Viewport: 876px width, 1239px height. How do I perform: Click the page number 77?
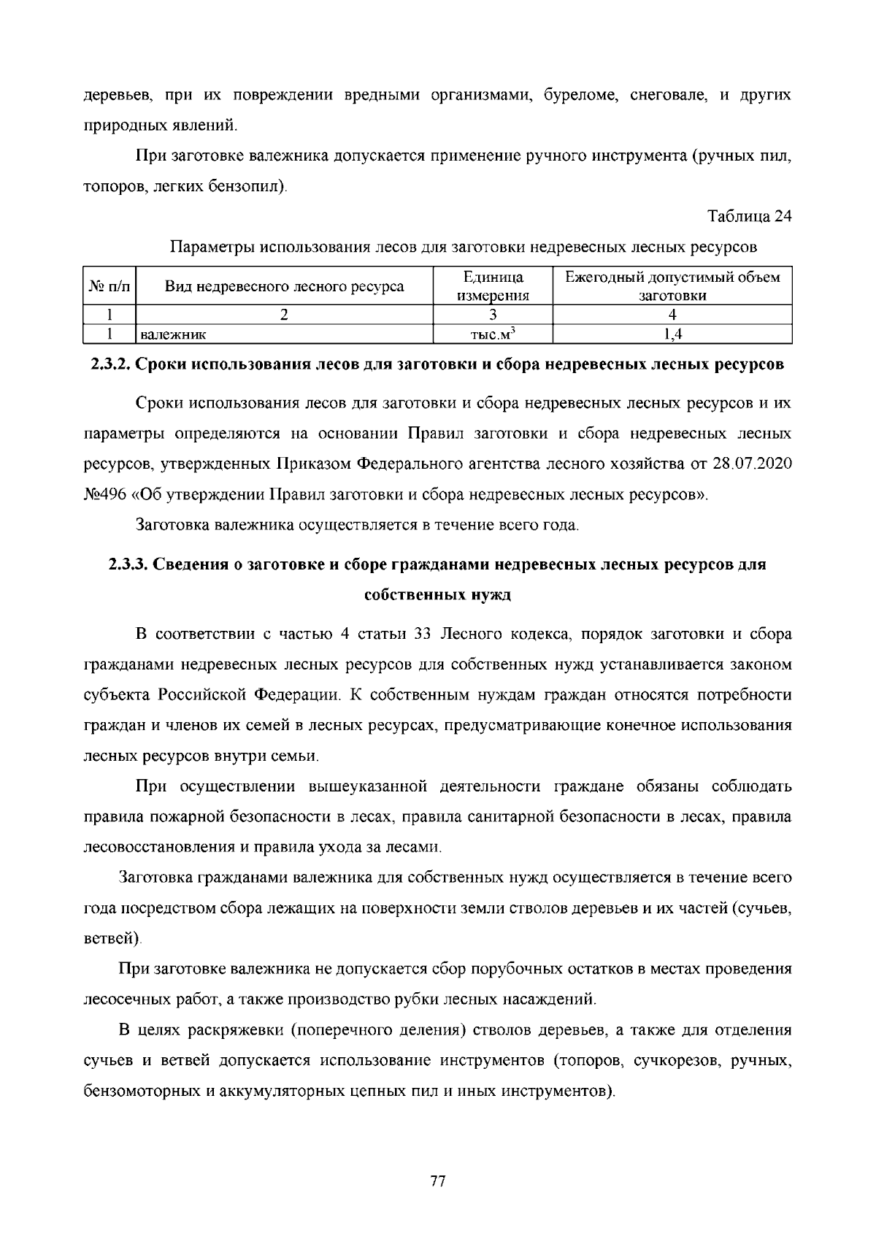click(438, 1181)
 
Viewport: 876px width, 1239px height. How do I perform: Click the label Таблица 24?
click(750, 216)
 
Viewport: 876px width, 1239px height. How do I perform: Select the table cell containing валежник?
click(285, 334)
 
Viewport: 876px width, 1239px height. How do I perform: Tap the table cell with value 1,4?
click(672, 334)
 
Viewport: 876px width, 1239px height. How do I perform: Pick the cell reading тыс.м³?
click(493, 334)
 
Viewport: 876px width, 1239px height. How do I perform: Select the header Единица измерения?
click(493, 286)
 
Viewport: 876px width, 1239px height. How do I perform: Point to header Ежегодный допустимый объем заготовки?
click(672, 286)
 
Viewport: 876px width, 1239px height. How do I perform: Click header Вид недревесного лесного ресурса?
click(285, 286)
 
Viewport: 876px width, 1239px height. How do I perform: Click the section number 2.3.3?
click(128, 564)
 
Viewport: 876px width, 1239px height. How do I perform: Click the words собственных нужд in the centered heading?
click(437, 594)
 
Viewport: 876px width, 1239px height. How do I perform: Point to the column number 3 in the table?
click(493, 315)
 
